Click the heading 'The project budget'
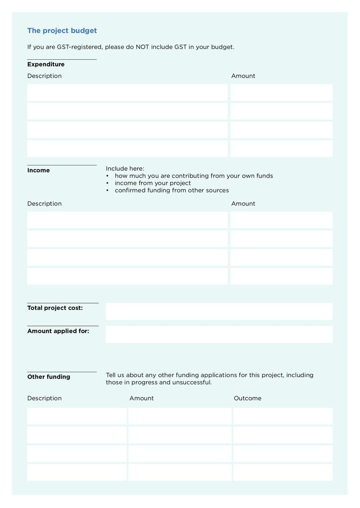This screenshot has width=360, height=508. pyautogui.click(x=62, y=31)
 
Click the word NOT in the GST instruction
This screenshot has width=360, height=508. pyautogui.click(x=143, y=47)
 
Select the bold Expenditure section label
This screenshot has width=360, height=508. pyautogui.click(x=46, y=64)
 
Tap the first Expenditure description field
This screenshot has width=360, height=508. pyautogui.click(x=127, y=92)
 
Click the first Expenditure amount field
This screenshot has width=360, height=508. pyautogui.click(x=281, y=92)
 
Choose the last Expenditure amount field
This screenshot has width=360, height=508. pyautogui.click(x=281, y=148)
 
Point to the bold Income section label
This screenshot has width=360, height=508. pyautogui.click(x=39, y=170)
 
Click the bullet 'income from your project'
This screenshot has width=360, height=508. pyautogui.click(x=153, y=183)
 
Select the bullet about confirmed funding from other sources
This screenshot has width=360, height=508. pyautogui.click(x=171, y=190)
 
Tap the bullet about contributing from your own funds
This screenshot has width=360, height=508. pyautogui.click(x=193, y=176)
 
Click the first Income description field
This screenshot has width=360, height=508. pyautogui.click(x=127, y=220)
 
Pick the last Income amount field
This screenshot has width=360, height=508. pyautogui.click(x=281, y=276)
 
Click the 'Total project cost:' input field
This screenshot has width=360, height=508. pyautogui.click(x=219, y=311)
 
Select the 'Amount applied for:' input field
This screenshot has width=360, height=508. pyautogui.click(x=219, y=334)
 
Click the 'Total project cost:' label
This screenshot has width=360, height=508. pyautogui.click(x=55, y=308)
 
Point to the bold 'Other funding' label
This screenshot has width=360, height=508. pyautogui.click(x=49, y=377)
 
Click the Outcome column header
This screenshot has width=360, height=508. pyautogui.click(x=247, y=398)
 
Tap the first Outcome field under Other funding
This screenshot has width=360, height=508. pyautogui.click(x=283, y=416)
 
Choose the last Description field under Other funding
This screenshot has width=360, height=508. pyautogui.click(x=76, y=472)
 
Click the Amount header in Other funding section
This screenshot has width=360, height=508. pyautogui.click(x=141, y=398)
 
